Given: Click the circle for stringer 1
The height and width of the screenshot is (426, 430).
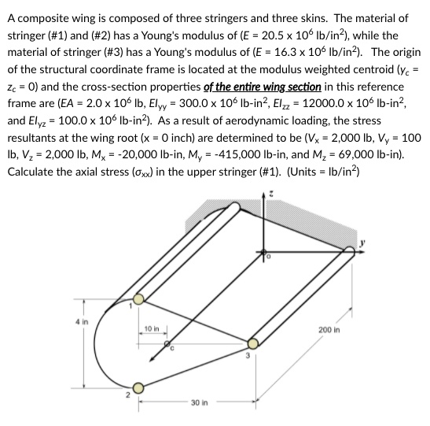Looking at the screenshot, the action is pos(138,298).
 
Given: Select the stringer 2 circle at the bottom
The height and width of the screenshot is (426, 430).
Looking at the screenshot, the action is pos(138,387).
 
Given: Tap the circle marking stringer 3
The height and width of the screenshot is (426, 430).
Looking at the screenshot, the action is pos(252,343).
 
